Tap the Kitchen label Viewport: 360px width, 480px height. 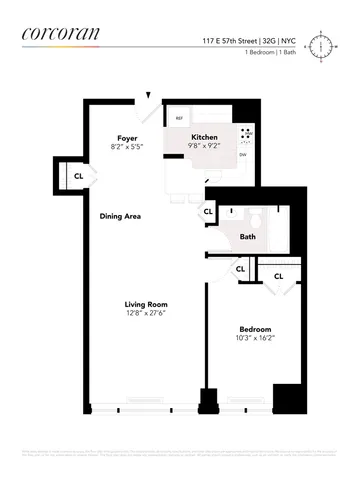click(x=205, y=136)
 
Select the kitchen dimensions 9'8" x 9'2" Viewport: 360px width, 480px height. click(x=205, y=146)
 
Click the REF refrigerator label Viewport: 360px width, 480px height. click(x=180, y=119)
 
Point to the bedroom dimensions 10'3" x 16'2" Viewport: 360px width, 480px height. click(x=254, y=338)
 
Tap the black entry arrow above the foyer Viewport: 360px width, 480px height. click(x=148, y=96)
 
